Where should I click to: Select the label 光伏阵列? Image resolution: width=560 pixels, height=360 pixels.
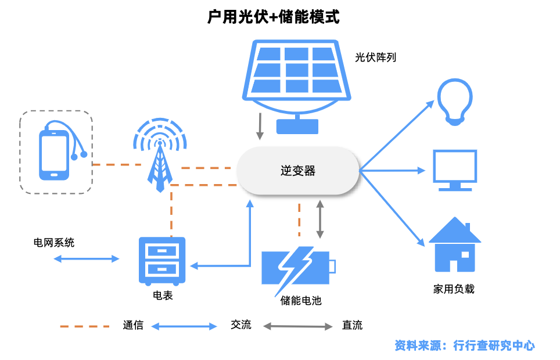pos(376,58)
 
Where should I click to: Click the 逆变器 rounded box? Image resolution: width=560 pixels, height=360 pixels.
pos(297,171)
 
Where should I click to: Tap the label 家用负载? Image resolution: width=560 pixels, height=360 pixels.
pos(454,289)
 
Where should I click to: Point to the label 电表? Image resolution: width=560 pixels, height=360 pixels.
pos(163,296)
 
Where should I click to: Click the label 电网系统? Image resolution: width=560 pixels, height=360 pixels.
pos(54,243)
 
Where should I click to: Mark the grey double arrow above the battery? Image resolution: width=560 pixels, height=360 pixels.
pos(320,219)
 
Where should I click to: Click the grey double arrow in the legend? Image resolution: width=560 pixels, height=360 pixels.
pos(299,326)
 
